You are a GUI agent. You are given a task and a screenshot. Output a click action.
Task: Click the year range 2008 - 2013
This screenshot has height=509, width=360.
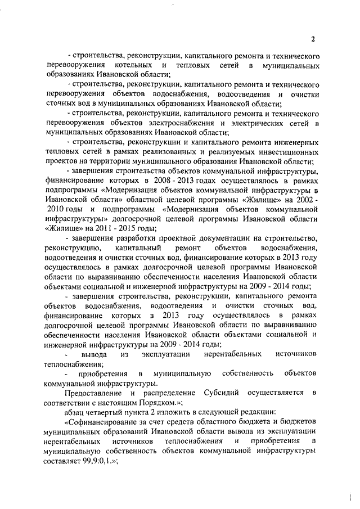point(161,180)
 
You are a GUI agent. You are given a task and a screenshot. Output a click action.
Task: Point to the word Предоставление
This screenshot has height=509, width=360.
point(94,391)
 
